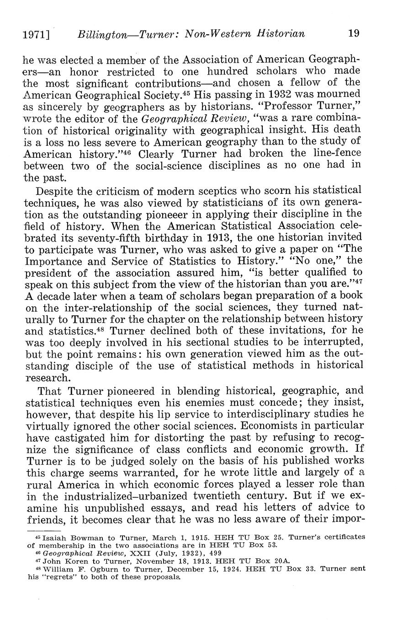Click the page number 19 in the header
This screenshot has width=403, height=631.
pyautogui.click(x=353, y=33)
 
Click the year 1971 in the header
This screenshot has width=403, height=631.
pyautogui.click(x=35, y=34)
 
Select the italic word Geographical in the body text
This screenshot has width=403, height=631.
pyautogui.click(x=168, y=119)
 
